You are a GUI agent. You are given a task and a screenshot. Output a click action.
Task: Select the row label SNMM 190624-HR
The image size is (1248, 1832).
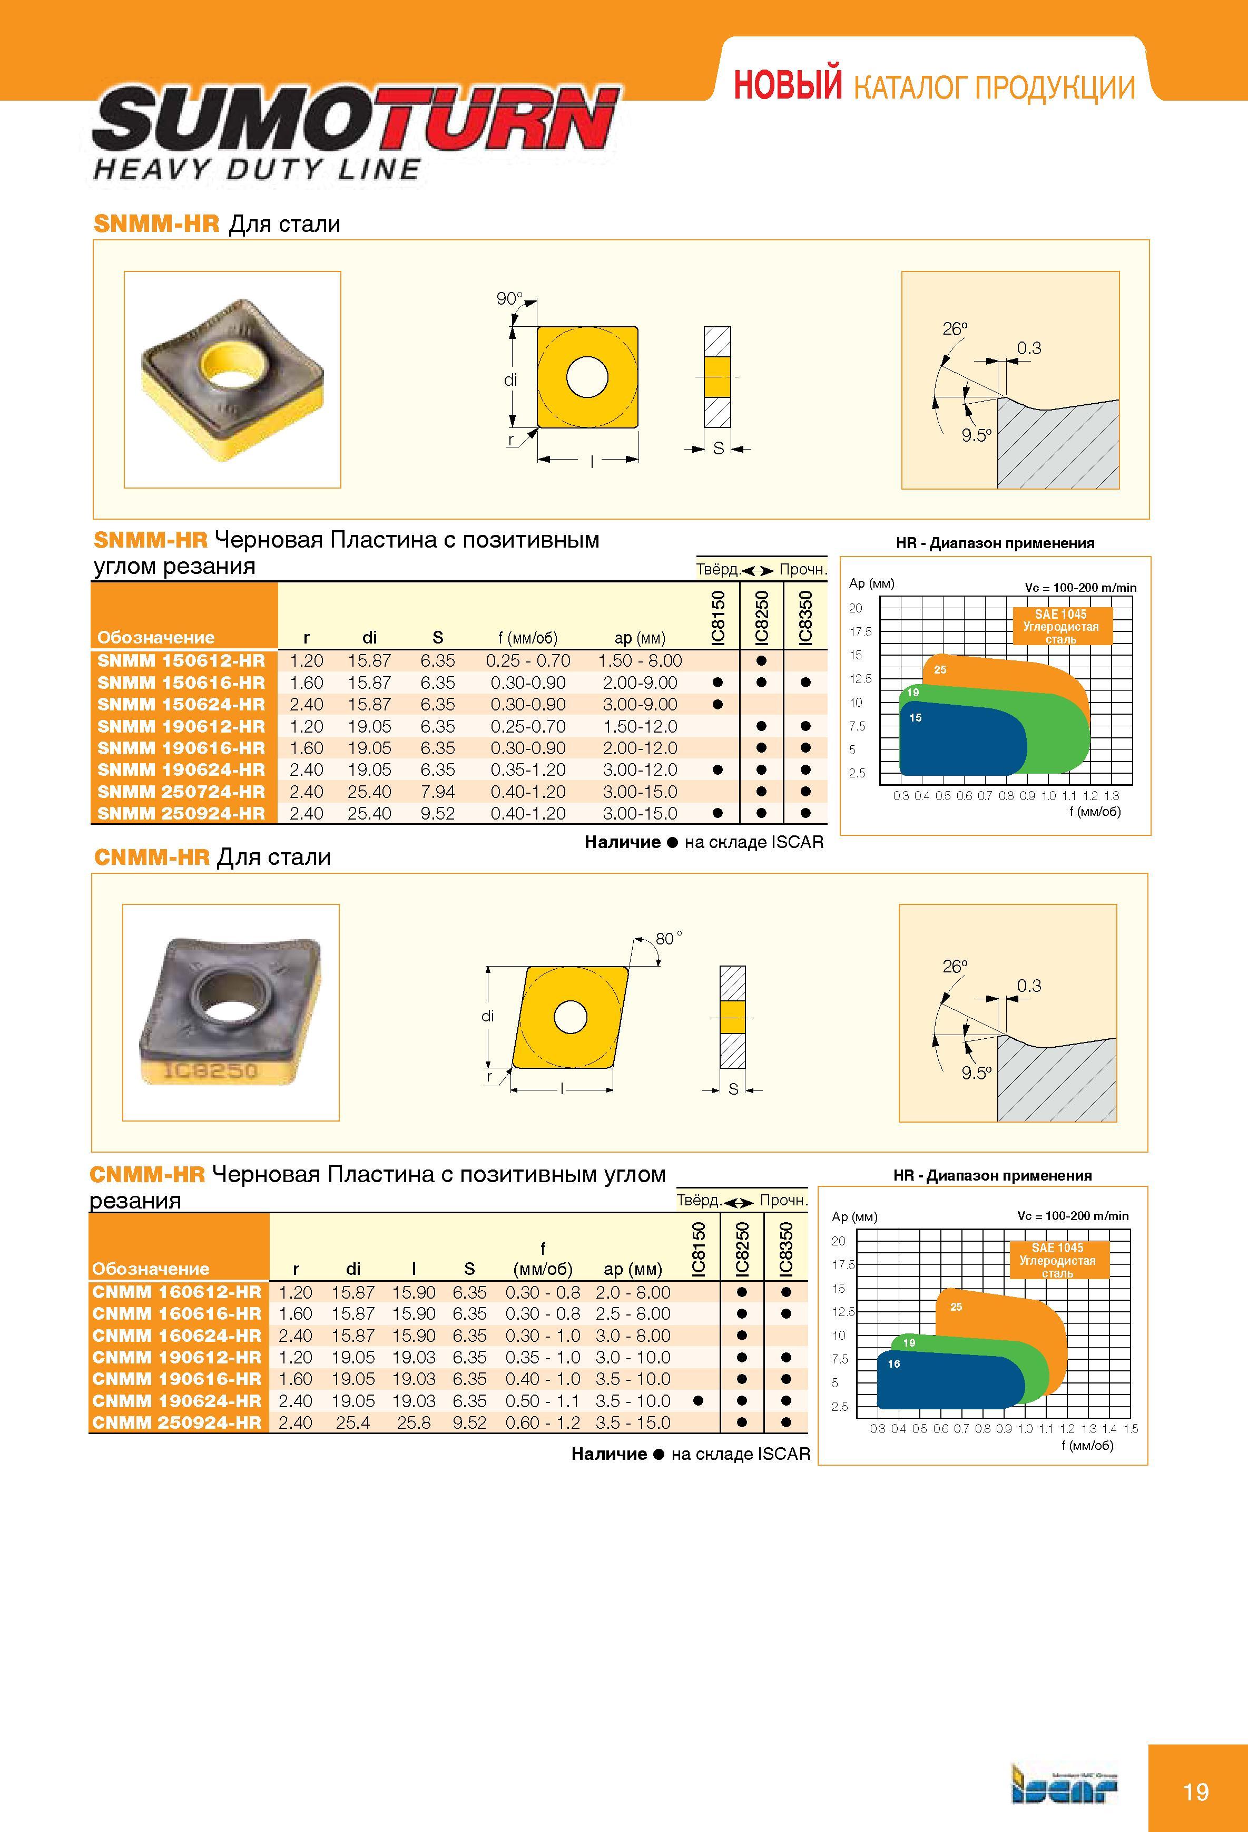(x=181, y=770)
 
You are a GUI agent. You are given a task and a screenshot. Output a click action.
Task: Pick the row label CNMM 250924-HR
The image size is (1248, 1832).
(x=176, y=1423)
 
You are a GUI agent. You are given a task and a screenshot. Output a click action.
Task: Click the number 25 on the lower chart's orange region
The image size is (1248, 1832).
(x=956, y=1307)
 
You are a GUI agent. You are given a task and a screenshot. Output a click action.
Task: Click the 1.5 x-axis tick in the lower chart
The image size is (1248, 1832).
(x=1131, y=1428)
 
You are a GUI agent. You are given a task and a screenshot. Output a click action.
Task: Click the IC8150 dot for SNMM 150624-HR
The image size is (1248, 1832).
(x=717, y=705)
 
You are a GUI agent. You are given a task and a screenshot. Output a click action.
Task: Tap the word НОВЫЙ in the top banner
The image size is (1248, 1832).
(x=788, y=85)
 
